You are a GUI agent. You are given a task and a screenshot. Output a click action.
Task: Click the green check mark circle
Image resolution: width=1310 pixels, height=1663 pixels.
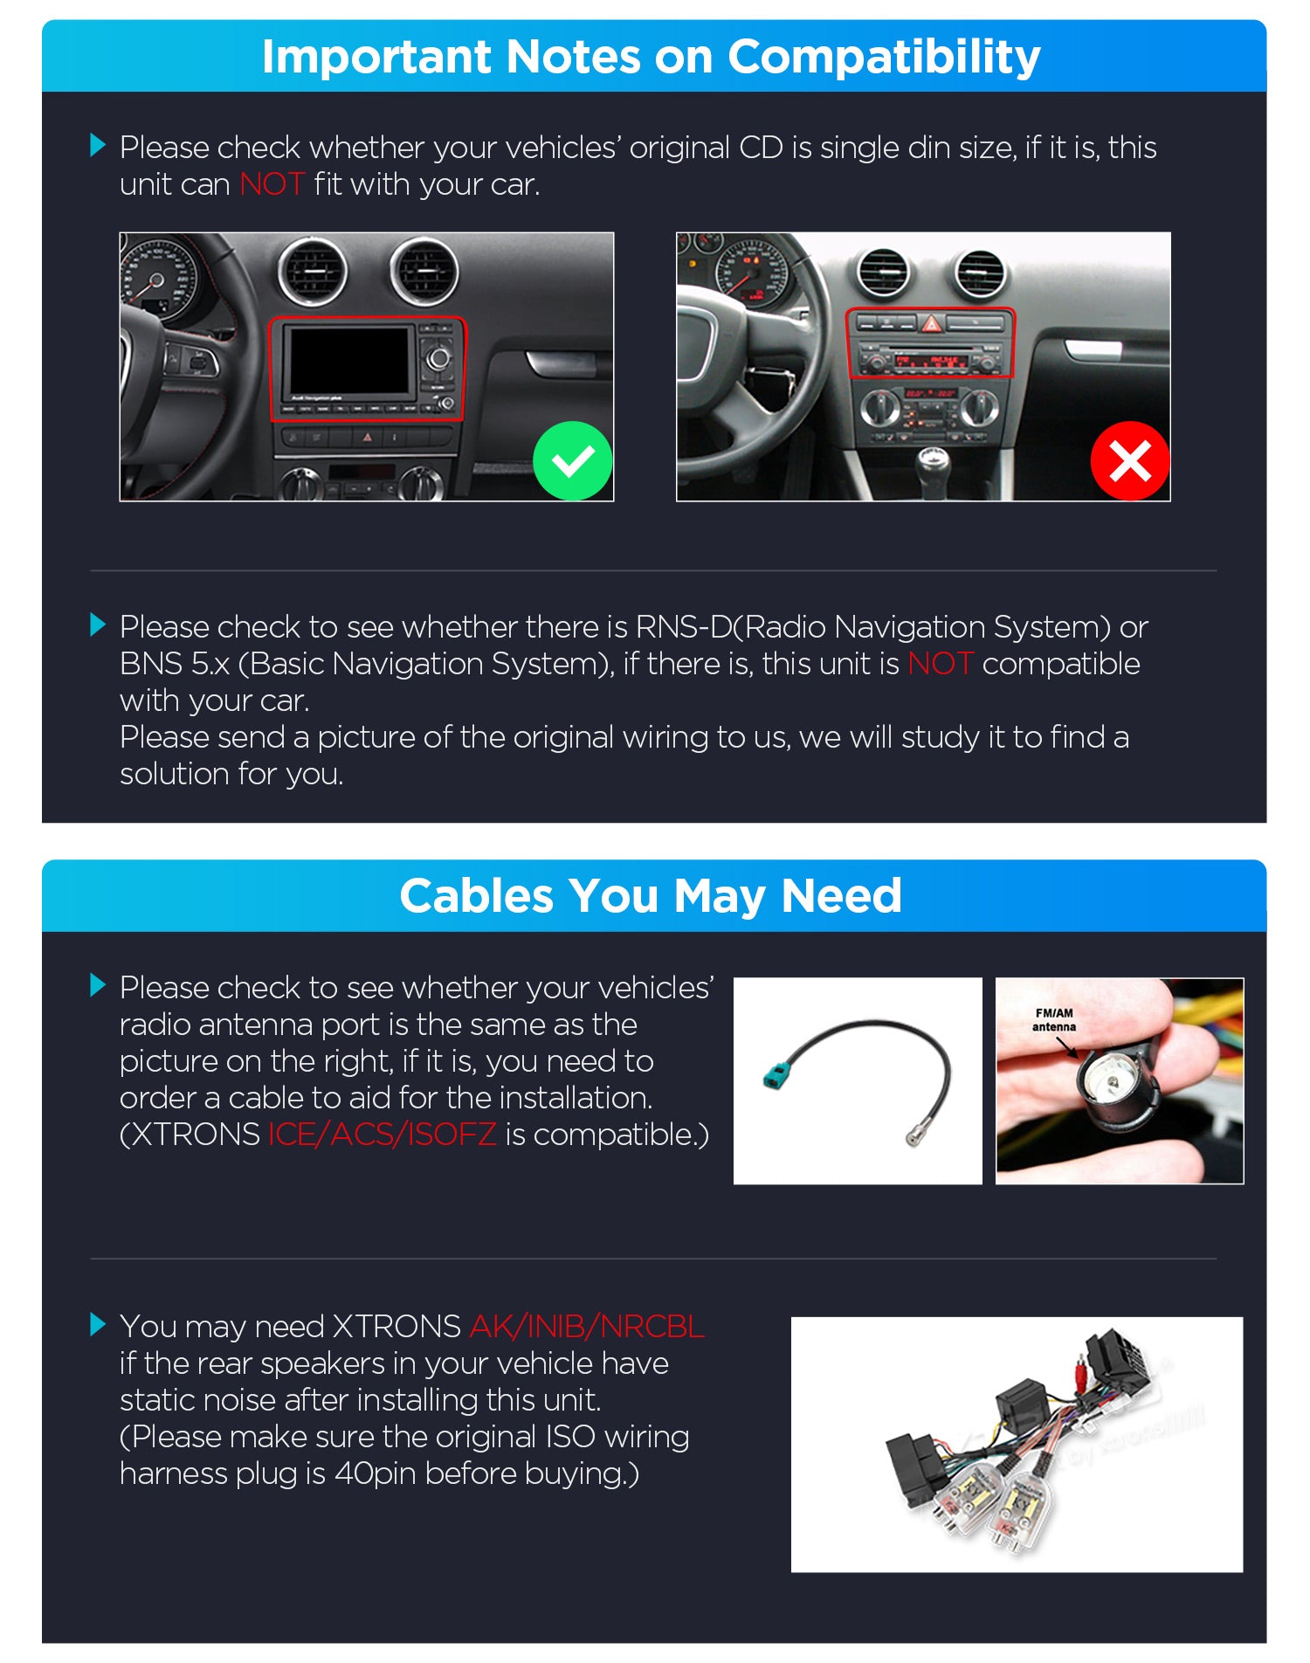click(x=573, y=460)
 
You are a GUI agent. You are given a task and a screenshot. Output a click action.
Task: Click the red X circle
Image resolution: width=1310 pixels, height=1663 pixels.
click(x=1130, y=460)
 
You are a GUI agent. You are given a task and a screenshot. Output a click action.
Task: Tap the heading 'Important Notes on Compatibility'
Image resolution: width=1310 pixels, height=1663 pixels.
click(x=652, y=58)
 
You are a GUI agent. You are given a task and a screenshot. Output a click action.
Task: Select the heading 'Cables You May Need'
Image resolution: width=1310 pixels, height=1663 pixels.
click(x=651, y=896)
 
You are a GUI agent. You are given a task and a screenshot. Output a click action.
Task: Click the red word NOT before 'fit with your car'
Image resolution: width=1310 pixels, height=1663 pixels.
click(x=272, y=184)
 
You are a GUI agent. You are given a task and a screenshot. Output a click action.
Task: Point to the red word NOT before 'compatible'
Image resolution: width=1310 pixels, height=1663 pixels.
click(x=941, y=664)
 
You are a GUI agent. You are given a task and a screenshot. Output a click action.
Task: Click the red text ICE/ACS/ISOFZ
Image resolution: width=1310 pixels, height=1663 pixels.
click(x=382, y=1135)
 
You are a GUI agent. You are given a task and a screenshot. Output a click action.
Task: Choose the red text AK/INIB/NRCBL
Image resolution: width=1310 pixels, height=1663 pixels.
click(x=587, y=1327)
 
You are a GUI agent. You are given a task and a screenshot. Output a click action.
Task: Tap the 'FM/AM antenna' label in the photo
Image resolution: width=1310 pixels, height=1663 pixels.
click(x=1054, y=1020)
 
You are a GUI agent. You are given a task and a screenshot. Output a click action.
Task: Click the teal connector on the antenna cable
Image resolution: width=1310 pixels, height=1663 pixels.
click(x=775, y=1071)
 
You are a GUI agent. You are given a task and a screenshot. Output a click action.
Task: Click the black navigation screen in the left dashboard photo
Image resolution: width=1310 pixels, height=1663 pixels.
click(x=349, y=359)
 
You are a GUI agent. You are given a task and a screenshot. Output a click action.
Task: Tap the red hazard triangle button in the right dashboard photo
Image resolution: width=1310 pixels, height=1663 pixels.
click(x=932, y=325)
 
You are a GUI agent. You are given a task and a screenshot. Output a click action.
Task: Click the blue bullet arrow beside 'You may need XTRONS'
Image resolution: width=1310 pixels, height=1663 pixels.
click(x=98, y=1325)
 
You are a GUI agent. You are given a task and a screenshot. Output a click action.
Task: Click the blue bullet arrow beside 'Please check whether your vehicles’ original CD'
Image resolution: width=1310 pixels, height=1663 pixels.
click(x=98, y=146)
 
